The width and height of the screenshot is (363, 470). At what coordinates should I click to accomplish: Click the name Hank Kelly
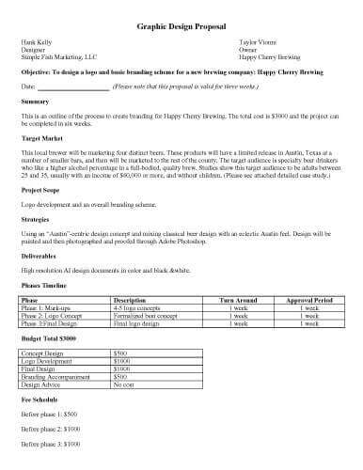[x=37, y=42]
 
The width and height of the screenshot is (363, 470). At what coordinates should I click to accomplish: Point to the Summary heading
[x=35, y=101]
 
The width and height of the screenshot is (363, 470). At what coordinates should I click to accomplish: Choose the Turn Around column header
[x=239, y=300]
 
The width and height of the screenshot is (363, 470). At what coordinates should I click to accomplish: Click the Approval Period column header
[x=303, y=300]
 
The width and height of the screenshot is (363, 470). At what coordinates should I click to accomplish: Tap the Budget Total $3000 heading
[x=49, y=336]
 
